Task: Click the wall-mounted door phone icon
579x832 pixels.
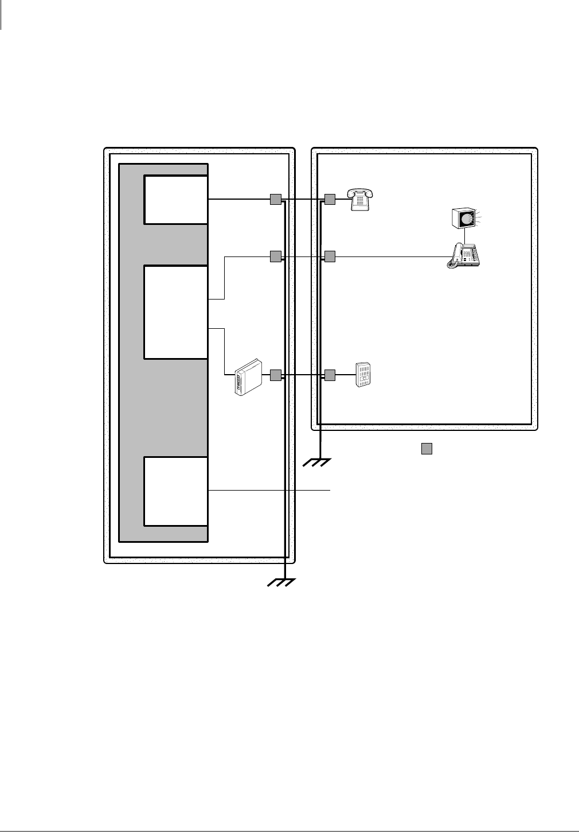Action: click(363, 375)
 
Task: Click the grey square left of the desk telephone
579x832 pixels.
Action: click(329, 199)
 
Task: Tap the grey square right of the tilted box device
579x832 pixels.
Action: click(275, 375)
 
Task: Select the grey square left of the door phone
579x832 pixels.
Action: click(329, 375)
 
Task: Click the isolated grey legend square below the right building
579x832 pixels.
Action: click(426, 449)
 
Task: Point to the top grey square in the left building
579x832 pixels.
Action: click(275, 199)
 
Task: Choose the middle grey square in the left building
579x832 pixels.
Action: click(275, 256)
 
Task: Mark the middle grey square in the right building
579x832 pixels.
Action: click(329, 256)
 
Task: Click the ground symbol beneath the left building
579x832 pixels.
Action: click(281, 582)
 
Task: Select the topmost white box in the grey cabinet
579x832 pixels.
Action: click(175, 200)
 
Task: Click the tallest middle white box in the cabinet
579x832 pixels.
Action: click(175, 312)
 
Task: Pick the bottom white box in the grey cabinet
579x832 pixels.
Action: click(175, 491)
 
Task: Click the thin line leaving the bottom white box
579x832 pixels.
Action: click(269, 491)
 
